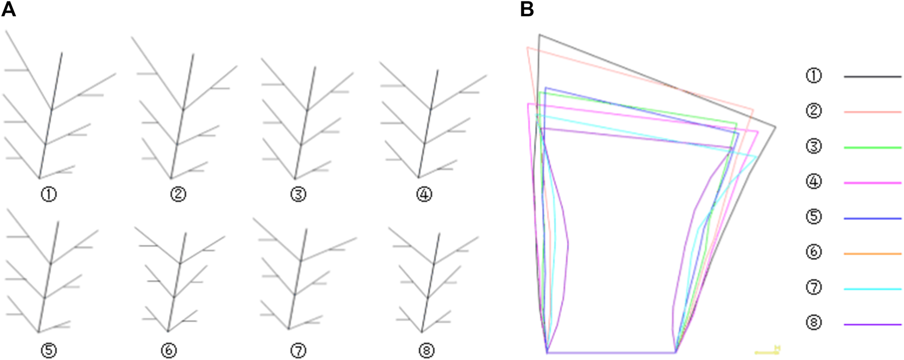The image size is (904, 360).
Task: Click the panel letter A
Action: (x=9, y=9)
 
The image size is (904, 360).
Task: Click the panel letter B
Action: (x=527, y=9)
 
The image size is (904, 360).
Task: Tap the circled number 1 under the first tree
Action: (x=49, y=194)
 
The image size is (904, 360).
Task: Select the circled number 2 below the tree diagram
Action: (x=178, y=194)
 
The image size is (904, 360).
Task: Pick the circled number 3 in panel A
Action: (x=298, y=194)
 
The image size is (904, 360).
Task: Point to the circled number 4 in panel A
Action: (x=424, y=194)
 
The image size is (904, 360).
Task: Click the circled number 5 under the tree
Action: (x=49, y=350)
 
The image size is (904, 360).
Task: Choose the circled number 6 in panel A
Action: (x=168, y=350)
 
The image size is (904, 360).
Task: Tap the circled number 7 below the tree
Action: (x=298, y=350)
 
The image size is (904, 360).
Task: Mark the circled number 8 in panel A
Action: (x=426, y=350)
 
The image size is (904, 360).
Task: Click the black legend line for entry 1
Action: (x=872, y=76)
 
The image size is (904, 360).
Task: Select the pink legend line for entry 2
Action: (x=872, y=112)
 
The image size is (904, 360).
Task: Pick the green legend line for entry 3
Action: (x=872, y=147)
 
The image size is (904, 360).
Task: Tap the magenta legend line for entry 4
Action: (x=872, y=183)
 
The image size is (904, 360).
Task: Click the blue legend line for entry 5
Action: (x=872, y=218)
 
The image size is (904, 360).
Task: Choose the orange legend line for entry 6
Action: (x=872, y=253)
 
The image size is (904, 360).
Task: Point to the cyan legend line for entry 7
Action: (x=872, y=289)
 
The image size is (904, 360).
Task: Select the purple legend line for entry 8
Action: (x=872, y=324)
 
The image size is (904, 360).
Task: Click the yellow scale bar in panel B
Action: (x=767, y=352)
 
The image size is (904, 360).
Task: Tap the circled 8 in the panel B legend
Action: (x=814, y=323)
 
